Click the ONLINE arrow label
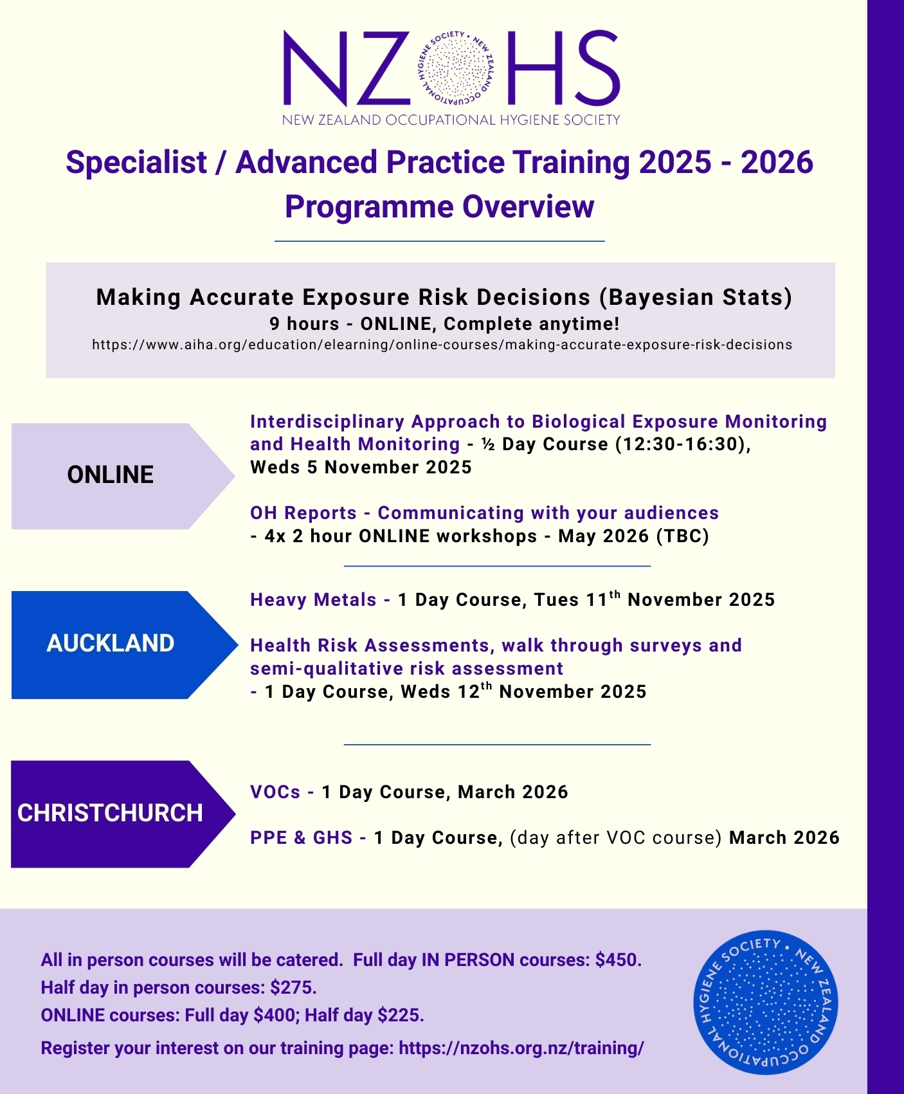111,475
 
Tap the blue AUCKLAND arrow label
111,644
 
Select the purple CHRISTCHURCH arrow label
110,814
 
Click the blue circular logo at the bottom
766,1003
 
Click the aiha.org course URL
442,345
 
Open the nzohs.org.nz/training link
521,1048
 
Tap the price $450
618,960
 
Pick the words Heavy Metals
313,600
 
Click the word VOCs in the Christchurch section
275,792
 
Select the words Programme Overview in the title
439,207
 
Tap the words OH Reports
303,513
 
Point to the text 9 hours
303,324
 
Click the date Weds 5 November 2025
361,468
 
